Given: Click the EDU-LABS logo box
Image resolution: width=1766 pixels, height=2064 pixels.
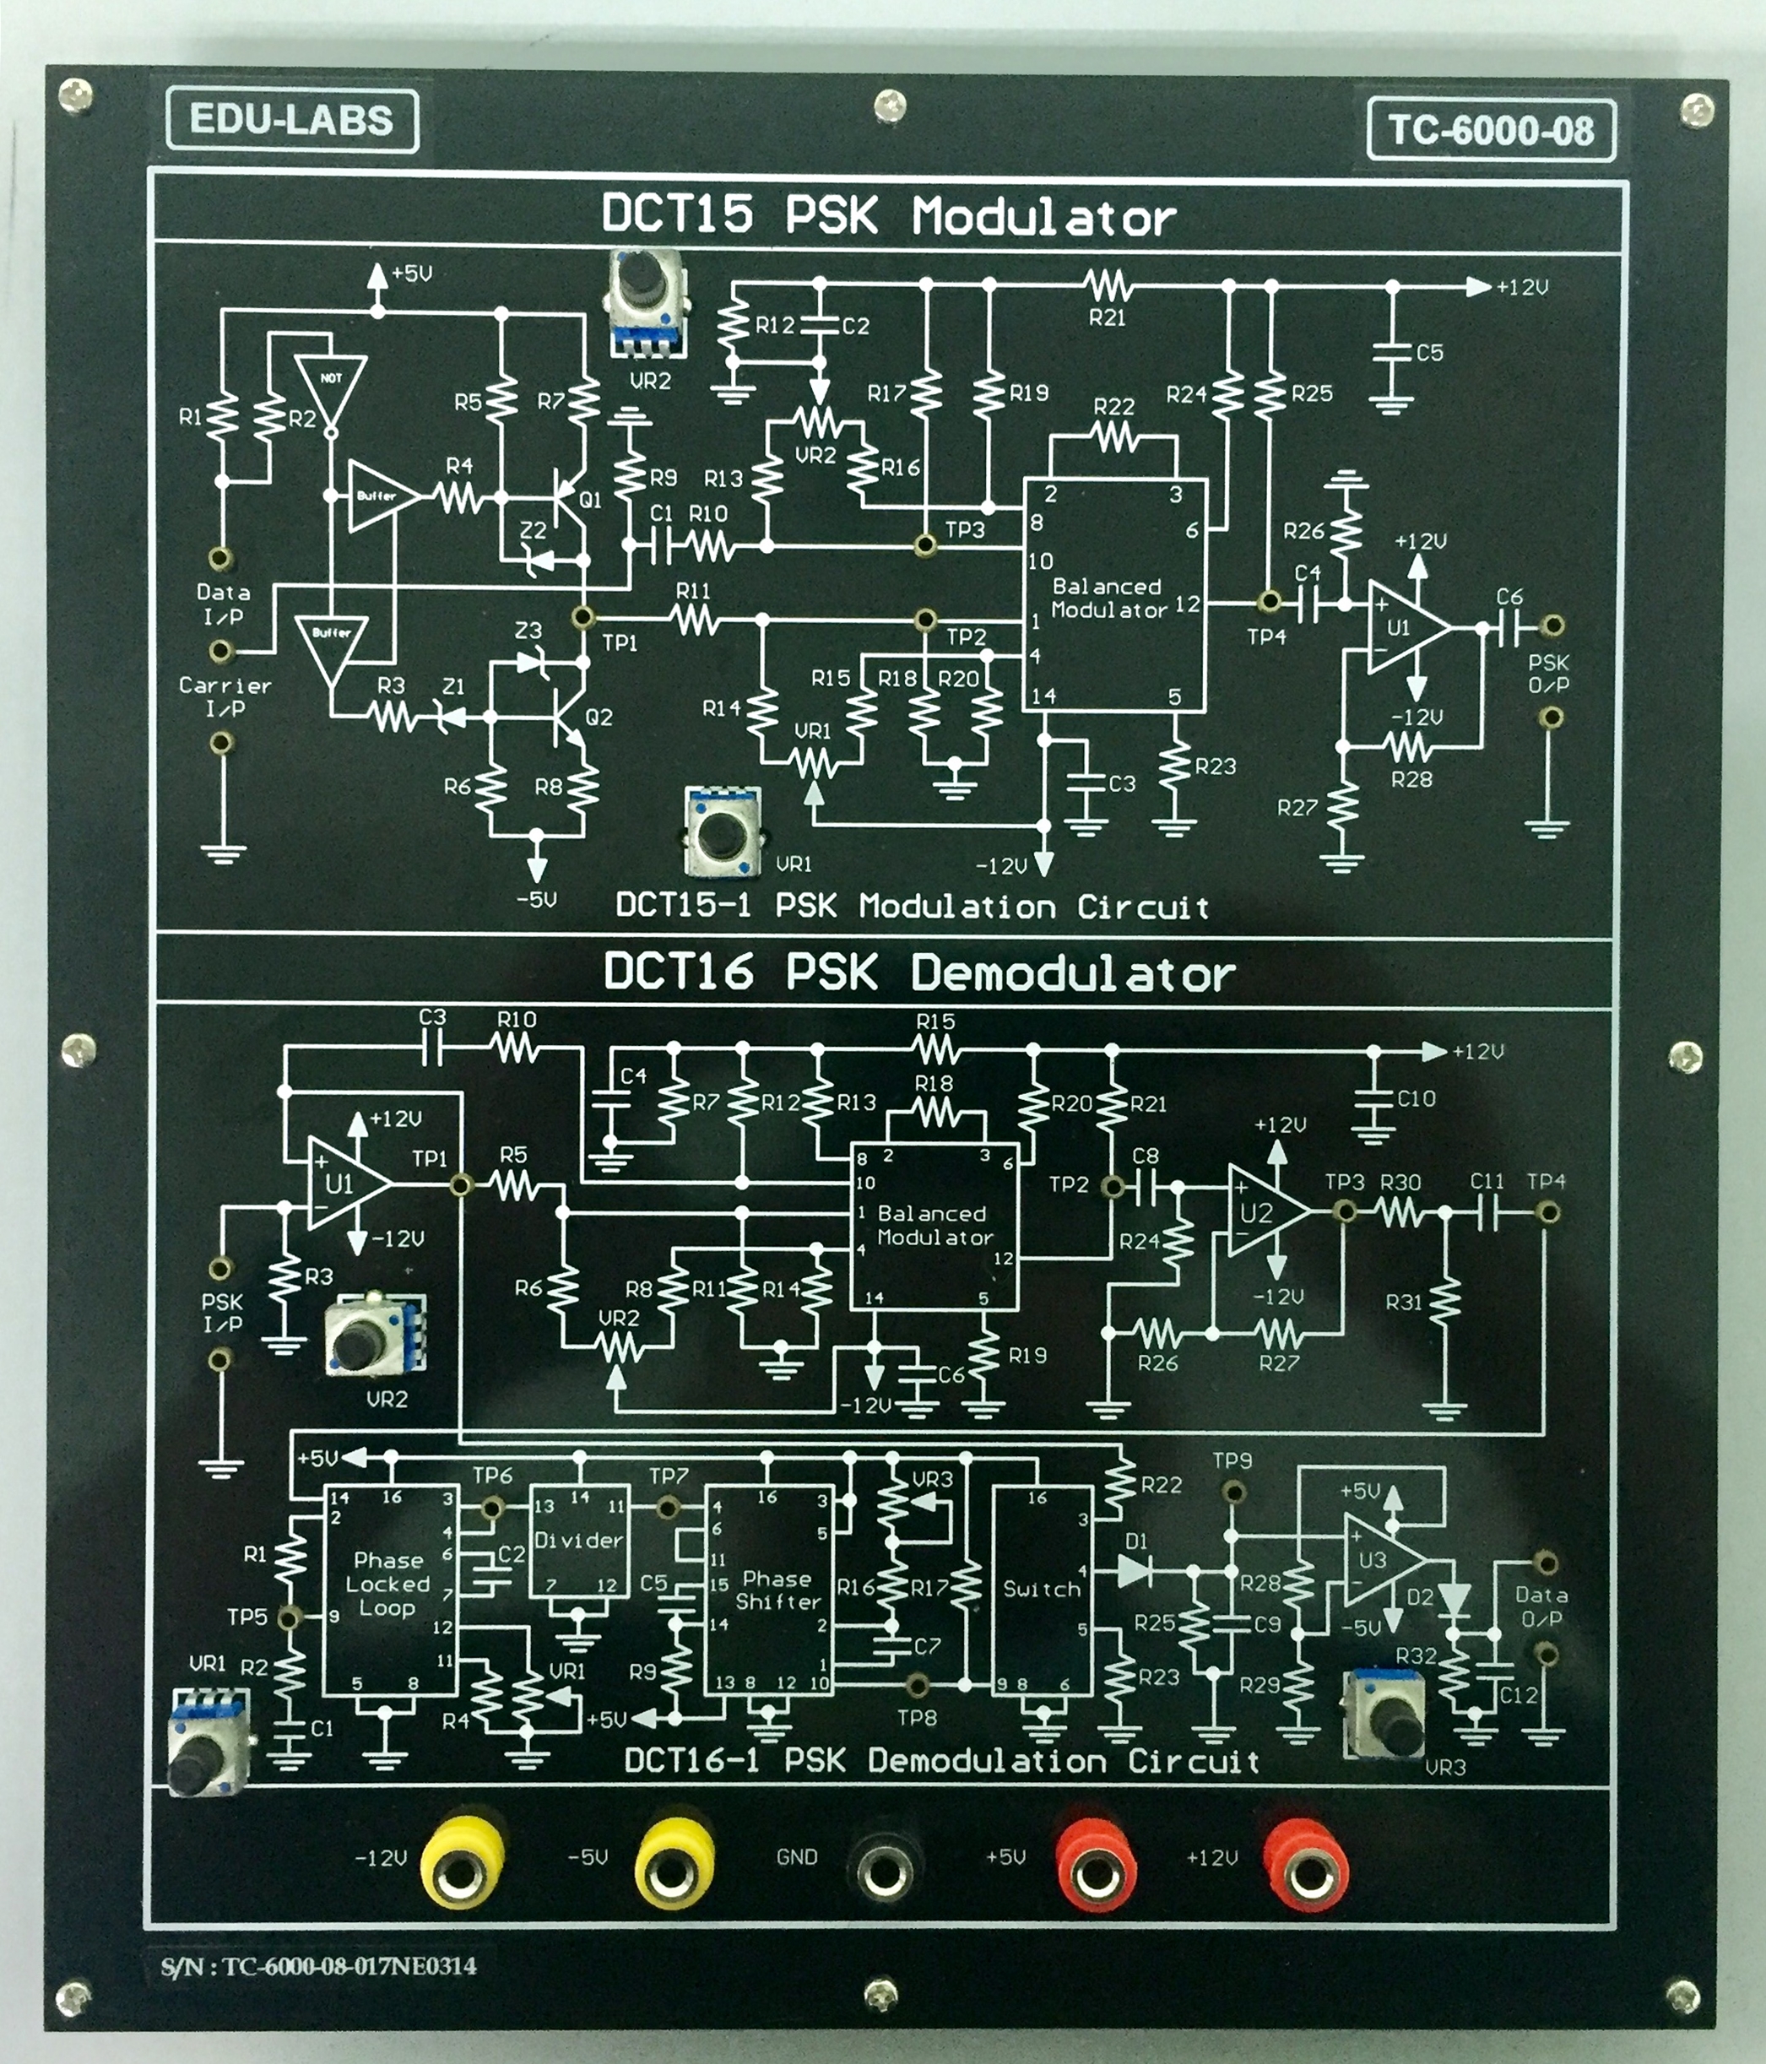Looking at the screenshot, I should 291,121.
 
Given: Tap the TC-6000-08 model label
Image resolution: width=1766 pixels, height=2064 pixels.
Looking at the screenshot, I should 1490,129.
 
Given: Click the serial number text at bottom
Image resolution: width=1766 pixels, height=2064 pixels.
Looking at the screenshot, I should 319,1965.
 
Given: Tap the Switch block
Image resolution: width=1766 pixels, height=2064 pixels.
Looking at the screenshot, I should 1041,1590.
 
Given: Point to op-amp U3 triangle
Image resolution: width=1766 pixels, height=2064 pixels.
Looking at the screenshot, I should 1379,1561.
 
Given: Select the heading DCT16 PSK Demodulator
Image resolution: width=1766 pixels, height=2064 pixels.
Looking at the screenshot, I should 918,973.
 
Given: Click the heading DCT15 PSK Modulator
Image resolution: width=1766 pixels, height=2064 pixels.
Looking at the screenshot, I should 888,215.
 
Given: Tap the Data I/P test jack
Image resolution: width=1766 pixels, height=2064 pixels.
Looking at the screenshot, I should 221,557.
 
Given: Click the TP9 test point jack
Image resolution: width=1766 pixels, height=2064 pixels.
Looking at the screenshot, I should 1232,1491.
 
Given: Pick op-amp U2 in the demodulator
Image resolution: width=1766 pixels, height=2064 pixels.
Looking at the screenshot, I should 1263,1211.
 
